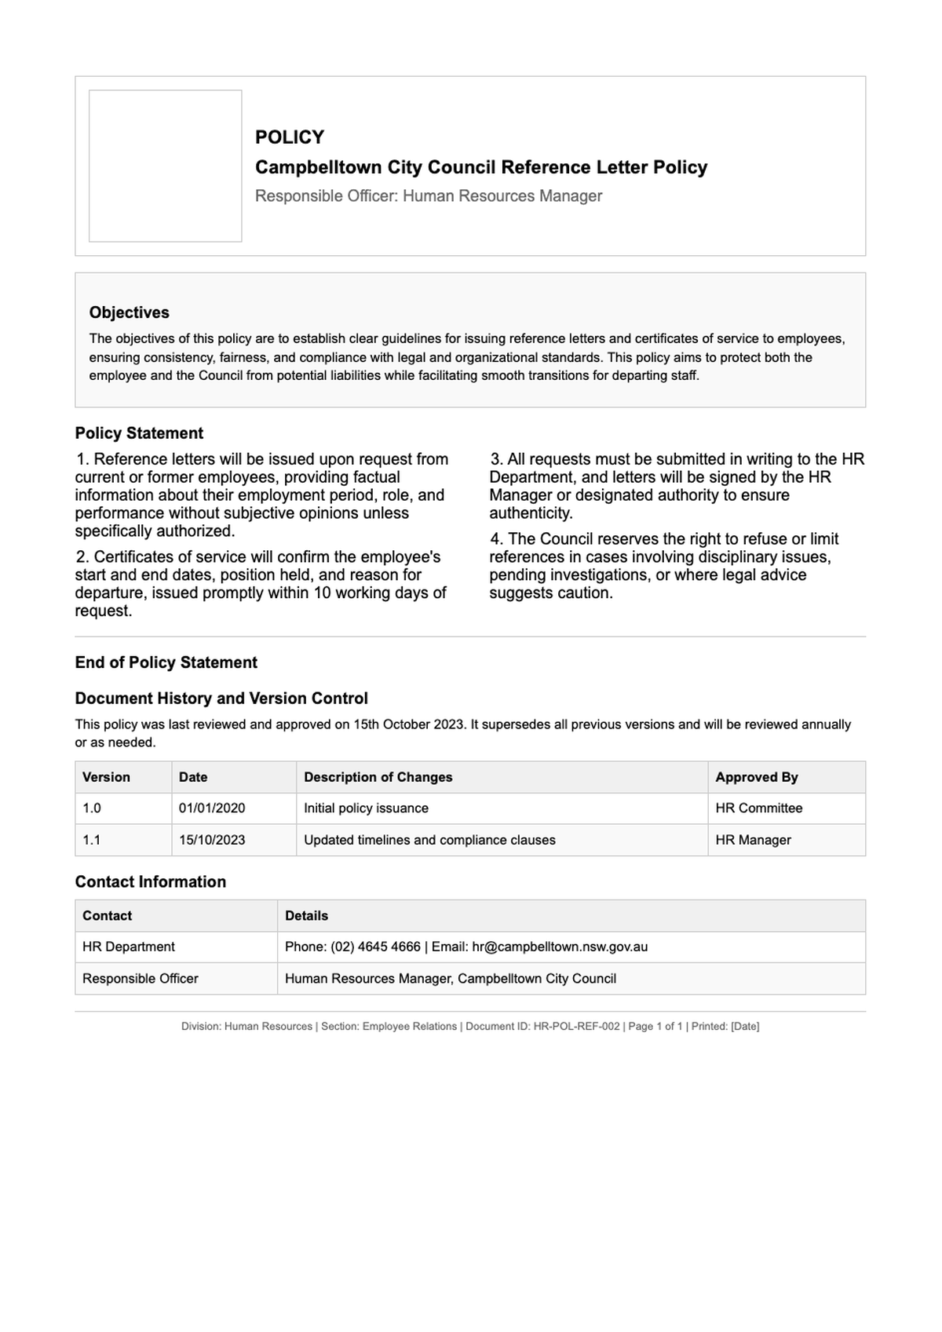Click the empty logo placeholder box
165,166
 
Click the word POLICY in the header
290,137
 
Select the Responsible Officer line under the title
429,196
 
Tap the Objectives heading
129,312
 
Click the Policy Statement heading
139,433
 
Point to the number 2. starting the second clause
82,557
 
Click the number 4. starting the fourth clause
496,539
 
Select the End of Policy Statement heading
166,662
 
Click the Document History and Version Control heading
221,699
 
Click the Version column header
106,777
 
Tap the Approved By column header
756,777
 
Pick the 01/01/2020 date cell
212,808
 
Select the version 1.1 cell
92,840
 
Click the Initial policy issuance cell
366,808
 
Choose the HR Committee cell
758,808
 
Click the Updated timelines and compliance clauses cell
429,840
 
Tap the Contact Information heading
150,882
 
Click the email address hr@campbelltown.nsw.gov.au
560,947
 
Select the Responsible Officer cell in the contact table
141,979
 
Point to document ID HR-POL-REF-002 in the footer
576,1027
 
